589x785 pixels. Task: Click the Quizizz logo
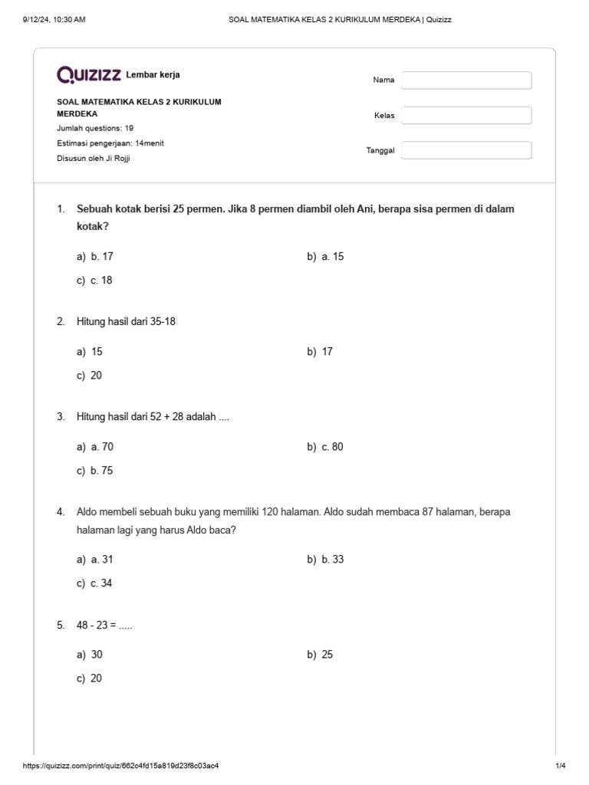(x=89, y=74)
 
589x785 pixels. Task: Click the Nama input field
(x=466, y=80)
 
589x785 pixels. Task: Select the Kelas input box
(x=466, y=115)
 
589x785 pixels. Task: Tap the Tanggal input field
(x=466, y=150)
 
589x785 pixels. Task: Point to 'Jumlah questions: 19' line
(x=95, y=128)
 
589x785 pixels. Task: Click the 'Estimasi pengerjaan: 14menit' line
(x=110, y=143)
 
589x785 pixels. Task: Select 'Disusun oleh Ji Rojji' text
(x=99, y=159)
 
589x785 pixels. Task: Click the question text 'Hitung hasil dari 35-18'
(x=126, y=322)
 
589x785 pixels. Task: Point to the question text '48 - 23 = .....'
(x=104, y=626)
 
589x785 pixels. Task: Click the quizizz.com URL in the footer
(x=126, y=766)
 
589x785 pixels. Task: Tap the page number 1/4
(x=560, y=766)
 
